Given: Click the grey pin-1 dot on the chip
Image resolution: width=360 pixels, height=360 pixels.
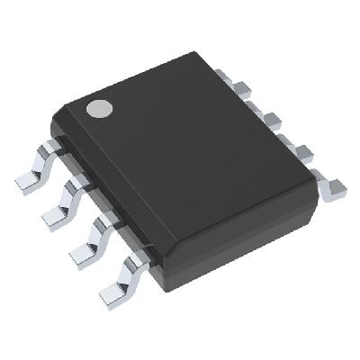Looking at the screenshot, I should coord(98,109).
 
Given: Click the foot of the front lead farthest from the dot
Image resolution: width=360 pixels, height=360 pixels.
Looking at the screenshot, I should coord(112,290).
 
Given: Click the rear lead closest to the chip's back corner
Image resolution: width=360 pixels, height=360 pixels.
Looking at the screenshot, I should coord(240,87).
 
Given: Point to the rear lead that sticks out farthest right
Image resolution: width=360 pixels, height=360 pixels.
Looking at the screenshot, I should coord(335,187).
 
